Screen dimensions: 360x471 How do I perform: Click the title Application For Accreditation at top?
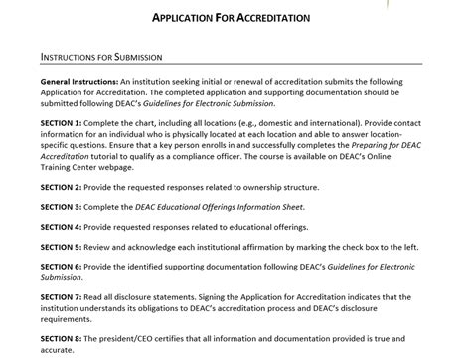pos(230,19)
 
